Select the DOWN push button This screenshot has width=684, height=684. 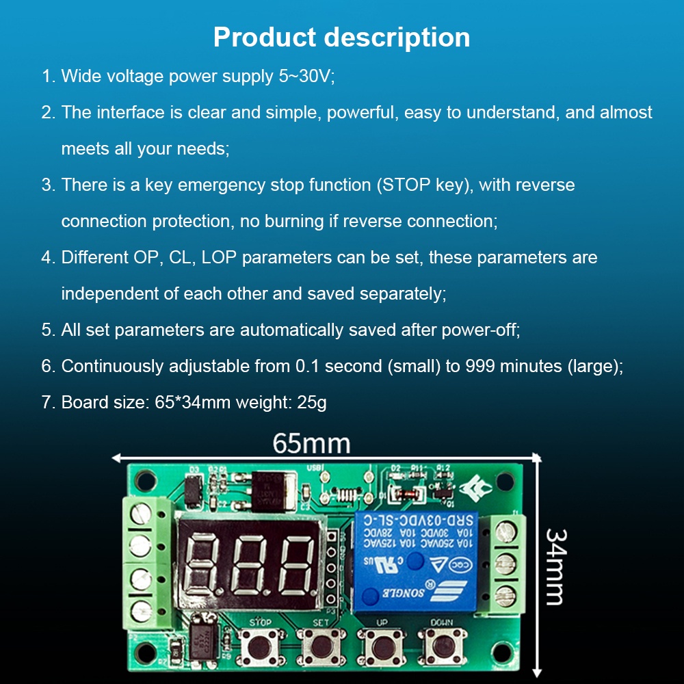(x=438, y=643)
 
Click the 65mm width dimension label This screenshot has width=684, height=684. (x=311, y=443)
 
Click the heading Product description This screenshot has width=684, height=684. (x=341, y=37)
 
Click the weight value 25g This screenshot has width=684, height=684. (x=312, y=402)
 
